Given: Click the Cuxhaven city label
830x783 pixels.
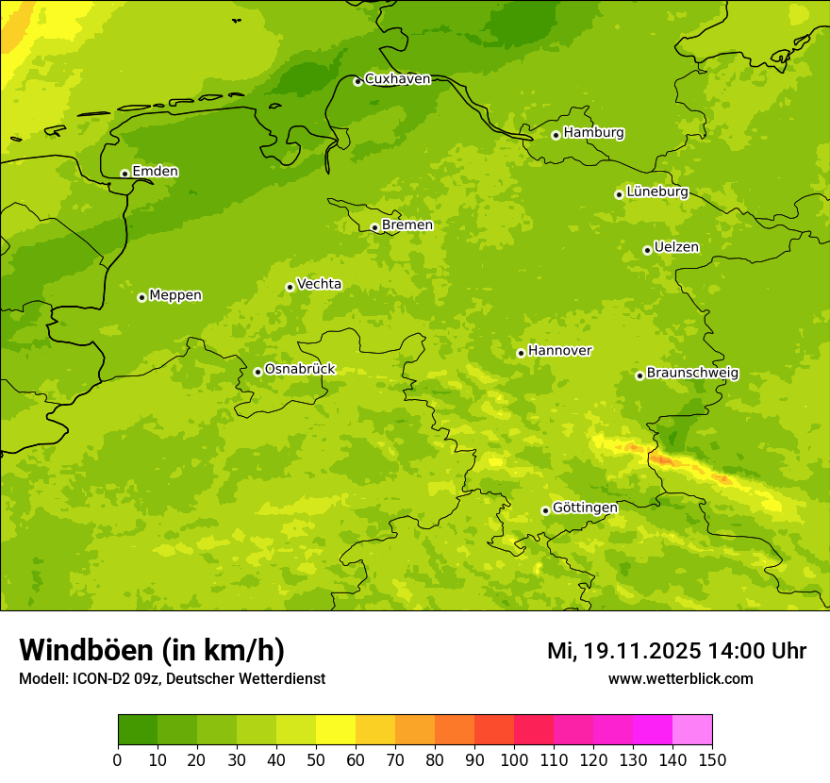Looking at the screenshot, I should pos(397,79).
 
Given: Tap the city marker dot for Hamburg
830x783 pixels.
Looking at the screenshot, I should pos(556,135).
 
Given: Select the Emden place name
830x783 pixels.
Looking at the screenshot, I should pos(155,172).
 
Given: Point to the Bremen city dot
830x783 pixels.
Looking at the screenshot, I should pos(374,227).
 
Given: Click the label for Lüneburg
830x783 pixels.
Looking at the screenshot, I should pos(657,192).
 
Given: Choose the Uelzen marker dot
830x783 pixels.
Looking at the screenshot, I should pos(647,250).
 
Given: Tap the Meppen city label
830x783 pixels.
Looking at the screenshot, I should pos(175,295).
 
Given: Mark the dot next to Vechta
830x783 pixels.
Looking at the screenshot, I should pos(290,287).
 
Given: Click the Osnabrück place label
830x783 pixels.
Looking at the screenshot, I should pos(300,369).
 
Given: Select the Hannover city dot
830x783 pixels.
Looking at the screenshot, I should pos(521,353).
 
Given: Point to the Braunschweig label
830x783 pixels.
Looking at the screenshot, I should pos(692,373).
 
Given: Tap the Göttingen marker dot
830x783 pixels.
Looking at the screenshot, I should pos(545,510).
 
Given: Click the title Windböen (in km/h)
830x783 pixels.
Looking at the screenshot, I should pos(152,651).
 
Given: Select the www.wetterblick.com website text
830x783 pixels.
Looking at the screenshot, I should pos(680,678).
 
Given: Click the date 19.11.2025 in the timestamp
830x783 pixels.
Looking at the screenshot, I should pos(641,651).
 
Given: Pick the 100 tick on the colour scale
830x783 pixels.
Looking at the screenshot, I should pos(514,759).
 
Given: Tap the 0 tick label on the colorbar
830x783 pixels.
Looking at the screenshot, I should pos(118,759).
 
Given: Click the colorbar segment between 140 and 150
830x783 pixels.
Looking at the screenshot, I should pos(692,730).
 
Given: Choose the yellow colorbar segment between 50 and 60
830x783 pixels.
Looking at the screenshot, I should pos(336,730).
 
